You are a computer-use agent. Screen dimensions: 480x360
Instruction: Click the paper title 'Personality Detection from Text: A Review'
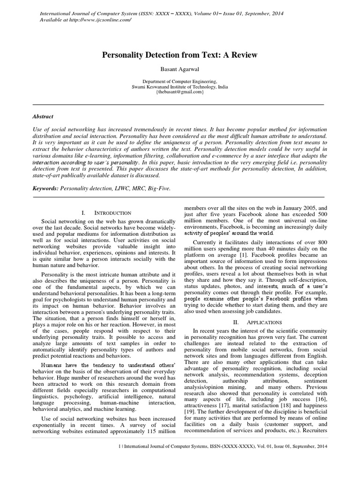click(180, 55)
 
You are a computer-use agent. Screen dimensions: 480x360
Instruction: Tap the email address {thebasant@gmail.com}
click(180, 92)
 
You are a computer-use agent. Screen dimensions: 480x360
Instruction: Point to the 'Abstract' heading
click(43, 116)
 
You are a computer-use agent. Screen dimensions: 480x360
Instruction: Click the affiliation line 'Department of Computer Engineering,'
click(180, 81)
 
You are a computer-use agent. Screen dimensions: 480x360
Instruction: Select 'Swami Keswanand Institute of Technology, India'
click(180, 86)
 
